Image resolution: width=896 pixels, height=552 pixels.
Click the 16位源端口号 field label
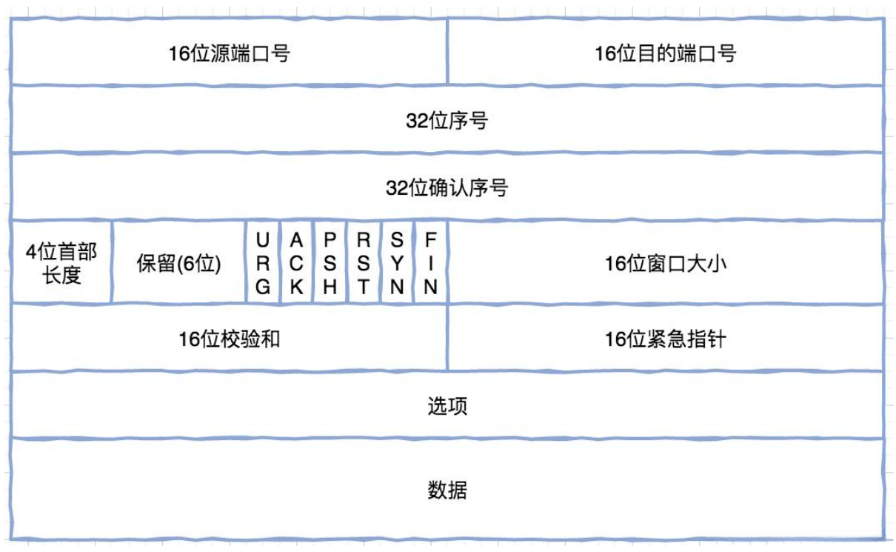[x=229, y=53]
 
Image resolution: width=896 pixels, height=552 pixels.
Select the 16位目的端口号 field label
[x=665, y=53]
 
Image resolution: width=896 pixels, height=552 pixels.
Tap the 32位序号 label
[x=447, y=121]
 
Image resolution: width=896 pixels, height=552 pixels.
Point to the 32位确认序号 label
[x=447, y=188]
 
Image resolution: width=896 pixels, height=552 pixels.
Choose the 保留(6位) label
[x=179, y=264]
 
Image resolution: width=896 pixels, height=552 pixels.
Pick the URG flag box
[x=263, y=263]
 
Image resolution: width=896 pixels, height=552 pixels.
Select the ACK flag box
[x=296, y=263]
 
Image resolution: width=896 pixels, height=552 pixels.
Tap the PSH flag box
[x=330, y=263]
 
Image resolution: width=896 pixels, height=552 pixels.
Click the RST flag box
[x=364, y=263]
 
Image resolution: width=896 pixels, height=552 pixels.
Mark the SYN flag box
[x=398, y=263]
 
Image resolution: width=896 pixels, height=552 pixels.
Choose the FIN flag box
[x=430, y=263]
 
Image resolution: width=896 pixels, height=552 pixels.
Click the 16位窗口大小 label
[x=665, y=264]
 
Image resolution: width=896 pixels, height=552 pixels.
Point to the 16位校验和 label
[x=229, y=339]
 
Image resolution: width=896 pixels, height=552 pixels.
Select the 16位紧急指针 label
[x=665, y=339]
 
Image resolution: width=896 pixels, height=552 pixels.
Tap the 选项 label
[x=447, y=406]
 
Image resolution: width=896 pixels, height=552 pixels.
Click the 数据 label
[x=447, y=490]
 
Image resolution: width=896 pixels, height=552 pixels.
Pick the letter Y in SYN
[x=398, y=264]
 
